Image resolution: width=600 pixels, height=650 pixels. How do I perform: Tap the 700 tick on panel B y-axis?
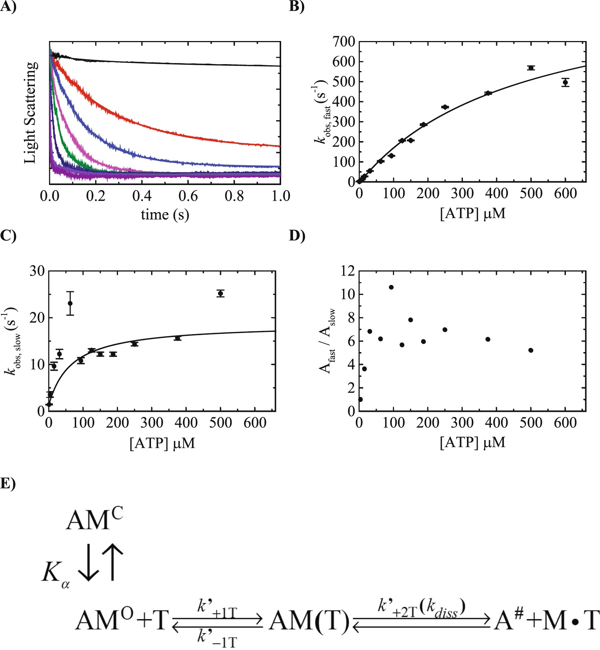pyautogui.click(x=344, y=42)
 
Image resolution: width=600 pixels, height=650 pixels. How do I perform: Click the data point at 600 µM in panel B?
pyautogui.click(x=565, y=82)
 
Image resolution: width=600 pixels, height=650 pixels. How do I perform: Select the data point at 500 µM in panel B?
pyautogui.click(x=531, y=68)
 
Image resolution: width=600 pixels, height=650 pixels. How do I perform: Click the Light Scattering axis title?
pyautogui.click(x=31, y=112)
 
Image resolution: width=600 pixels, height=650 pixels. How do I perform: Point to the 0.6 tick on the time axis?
pyautogui.click(x=188, y=196)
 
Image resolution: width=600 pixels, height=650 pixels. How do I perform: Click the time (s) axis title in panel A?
pyautogui.click(x=165, y=214)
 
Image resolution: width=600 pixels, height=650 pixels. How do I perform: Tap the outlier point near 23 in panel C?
pyautogui.click(x=70, y=303)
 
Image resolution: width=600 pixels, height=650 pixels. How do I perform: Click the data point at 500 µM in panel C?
pyautogui.click(x=220, y=293)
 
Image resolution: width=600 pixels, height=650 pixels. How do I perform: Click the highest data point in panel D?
pyautogui.click(x=391, y=287)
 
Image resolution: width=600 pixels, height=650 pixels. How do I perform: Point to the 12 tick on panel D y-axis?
pyautogui.click(x=347, y=271)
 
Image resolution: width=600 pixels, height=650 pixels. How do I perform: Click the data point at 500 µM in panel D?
pyautogui.click(x=531, y=350)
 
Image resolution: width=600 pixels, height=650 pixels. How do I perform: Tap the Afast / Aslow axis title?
pyautogui.click(x=327, y=341)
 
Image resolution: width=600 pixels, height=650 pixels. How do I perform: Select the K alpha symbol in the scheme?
pyautogui.click(x=55, y=572)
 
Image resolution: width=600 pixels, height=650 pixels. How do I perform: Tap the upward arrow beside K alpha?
pyautogui.click(x=113, y=562)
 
